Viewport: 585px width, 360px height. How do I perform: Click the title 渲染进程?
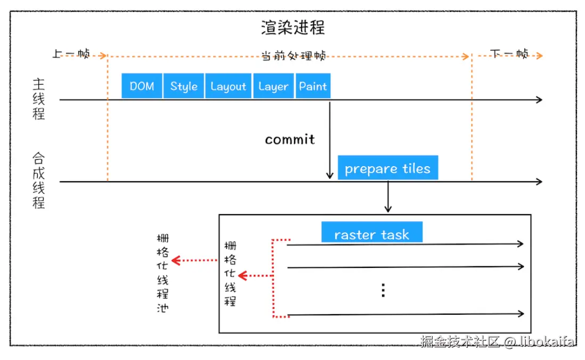click(292, 27)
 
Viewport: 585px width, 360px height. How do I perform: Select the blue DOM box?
click(142, 86)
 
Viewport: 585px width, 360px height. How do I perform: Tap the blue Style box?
click(184, 86)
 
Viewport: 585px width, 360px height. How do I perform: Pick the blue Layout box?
click(228, 86)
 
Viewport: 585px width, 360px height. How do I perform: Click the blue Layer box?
click(273, 86)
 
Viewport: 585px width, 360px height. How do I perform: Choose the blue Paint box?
click(313, 86)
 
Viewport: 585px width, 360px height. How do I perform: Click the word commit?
click(290, 140)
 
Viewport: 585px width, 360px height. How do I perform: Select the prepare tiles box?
click(387, 168)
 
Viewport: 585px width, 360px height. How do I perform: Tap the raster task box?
click(371, 233)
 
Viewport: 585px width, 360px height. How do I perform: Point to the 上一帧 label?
click(71, 54)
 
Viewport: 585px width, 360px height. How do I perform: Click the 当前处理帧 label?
click(294, 56)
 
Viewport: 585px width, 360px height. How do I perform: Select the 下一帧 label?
click(509, 54)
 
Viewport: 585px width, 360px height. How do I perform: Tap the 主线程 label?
click(39, 99)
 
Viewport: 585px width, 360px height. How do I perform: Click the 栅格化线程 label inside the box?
click(230, 273)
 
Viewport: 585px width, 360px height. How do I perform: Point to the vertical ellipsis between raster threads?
click(383, 290)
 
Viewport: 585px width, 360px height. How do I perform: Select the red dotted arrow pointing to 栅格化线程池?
click(194, 260)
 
